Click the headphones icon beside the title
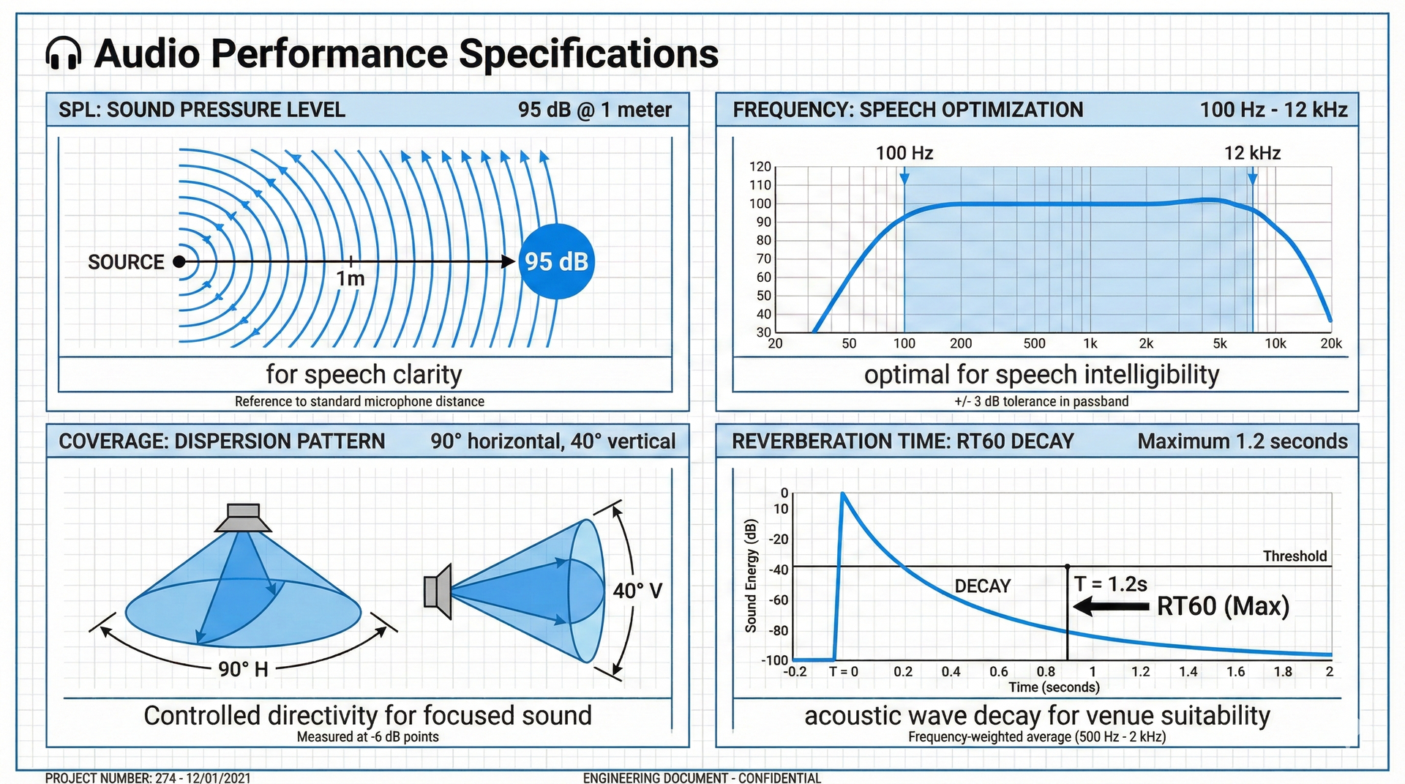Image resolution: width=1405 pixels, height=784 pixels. click(63, 53)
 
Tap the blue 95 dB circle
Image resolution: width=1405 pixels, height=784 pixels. click(557, 261)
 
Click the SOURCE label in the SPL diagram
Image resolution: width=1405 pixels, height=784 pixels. click(126, 262)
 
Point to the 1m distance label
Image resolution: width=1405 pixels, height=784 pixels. click(351, 279)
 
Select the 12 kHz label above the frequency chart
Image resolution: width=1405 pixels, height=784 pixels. click(1252, 153)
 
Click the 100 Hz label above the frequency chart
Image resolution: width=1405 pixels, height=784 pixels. click(904, 153)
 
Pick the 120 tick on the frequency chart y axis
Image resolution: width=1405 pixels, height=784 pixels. click(760, 167)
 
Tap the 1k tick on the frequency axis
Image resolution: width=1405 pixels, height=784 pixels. click(1090, 343)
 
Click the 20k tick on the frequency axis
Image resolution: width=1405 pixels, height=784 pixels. click(1331, 343)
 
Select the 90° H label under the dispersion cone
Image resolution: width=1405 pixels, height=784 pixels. click(243, 669)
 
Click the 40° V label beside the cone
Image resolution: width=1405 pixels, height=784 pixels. click(637, 591)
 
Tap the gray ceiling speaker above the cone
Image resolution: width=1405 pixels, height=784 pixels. click(243, 518)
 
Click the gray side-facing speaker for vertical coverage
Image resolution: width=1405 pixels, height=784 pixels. click(438, 591)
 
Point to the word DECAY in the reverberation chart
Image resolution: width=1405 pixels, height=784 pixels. click(983, 586)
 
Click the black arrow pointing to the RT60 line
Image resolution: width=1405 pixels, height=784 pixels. click(1111, 606)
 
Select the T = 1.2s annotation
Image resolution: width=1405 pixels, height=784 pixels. click(1111, 583)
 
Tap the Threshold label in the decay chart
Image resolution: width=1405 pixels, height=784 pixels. click(1295, 556)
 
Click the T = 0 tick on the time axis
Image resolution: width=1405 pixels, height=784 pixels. click(844, 671)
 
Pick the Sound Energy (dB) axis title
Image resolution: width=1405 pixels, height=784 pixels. click(751, 576)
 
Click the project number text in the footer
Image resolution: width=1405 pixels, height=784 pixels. click(148, 777)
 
